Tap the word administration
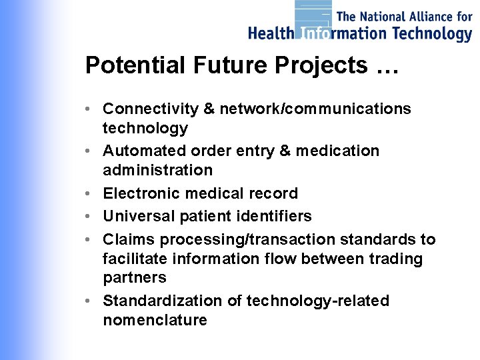click(158, 170)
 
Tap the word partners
click(135, 277)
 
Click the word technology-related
click(317, 301)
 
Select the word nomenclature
click(155, 320)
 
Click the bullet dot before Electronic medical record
click(89, 193)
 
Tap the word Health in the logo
click(270, 33)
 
